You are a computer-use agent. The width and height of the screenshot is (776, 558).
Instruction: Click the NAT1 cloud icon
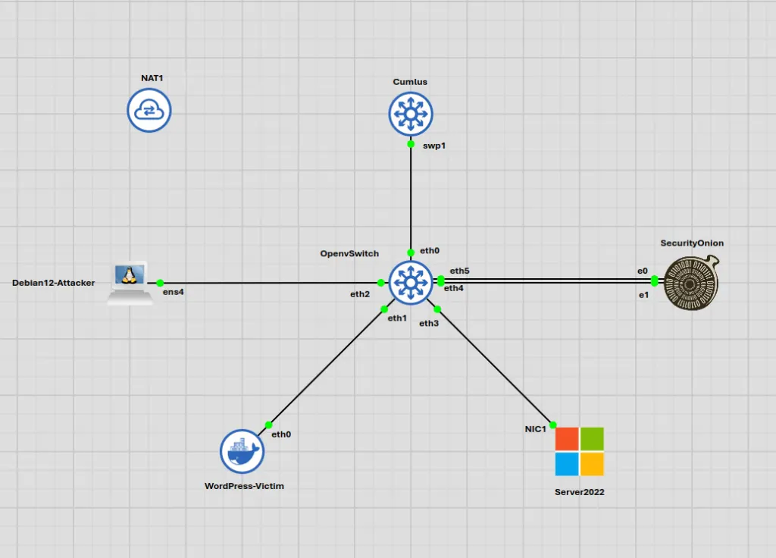pos(149,110)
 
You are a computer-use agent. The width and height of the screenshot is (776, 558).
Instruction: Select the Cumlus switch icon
pos(411,114)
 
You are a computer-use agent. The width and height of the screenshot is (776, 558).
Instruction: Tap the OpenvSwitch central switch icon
pos(411,283)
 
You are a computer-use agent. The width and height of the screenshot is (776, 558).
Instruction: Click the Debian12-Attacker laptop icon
pos(130,283)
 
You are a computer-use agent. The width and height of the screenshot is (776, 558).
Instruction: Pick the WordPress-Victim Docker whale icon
pos(242,452)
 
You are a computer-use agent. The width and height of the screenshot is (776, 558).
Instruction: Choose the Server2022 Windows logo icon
pos(580,452)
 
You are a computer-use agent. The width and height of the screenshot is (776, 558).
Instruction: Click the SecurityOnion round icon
pos(691,283)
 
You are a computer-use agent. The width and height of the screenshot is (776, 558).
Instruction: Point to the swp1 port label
pos(434,146)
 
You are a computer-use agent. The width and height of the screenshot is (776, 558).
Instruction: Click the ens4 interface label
pos(174,292)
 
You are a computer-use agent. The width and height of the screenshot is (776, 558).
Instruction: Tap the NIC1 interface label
pos(536,429)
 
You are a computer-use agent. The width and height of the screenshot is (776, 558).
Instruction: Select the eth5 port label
pos(459,271)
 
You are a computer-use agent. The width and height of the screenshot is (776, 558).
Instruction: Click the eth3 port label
pos(429,323)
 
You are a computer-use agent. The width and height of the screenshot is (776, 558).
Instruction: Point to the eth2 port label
pos(360,294)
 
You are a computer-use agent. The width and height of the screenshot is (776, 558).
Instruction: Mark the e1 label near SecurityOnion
pos(643,295)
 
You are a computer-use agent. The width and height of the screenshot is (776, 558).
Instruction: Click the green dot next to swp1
pos(411,144)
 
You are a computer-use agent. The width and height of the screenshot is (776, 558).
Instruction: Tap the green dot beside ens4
pos(160,283)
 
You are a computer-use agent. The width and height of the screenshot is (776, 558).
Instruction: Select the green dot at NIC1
pos(552,425)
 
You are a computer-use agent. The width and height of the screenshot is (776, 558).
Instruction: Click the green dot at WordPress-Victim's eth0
pos(269,425)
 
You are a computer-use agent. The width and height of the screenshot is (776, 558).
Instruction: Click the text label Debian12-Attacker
pos(54,283)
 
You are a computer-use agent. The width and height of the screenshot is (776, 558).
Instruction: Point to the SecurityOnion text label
pos(692,243)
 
